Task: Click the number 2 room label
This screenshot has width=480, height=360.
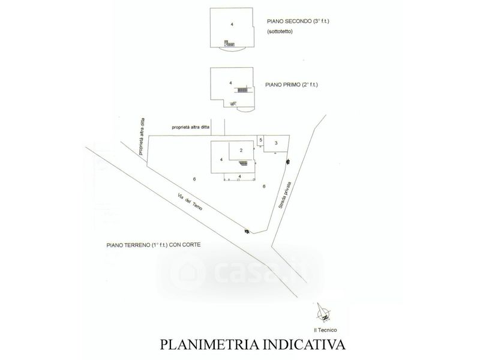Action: point(240,150)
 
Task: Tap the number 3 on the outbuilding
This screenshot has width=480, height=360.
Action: point(275,143)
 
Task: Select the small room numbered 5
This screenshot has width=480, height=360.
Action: point(260,139)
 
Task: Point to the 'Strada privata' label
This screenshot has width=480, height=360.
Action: point(285,194)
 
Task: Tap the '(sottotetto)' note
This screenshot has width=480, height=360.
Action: point(280,32)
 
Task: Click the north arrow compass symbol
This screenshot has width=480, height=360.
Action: point(323,313)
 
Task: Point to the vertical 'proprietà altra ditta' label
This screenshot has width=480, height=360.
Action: point(142,137)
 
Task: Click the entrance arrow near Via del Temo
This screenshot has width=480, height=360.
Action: point(245,230)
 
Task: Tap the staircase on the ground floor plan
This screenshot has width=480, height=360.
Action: point(244,163)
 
